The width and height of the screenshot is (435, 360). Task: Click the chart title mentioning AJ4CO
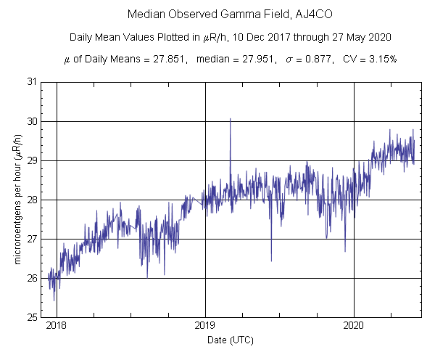pos(217,14)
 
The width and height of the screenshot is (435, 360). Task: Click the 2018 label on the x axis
pos(57,327)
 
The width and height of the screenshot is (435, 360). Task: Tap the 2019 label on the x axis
pos(205,327)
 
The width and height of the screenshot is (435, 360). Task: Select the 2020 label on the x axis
pos(354,327)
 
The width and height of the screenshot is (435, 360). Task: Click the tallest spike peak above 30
pos(230,118)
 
